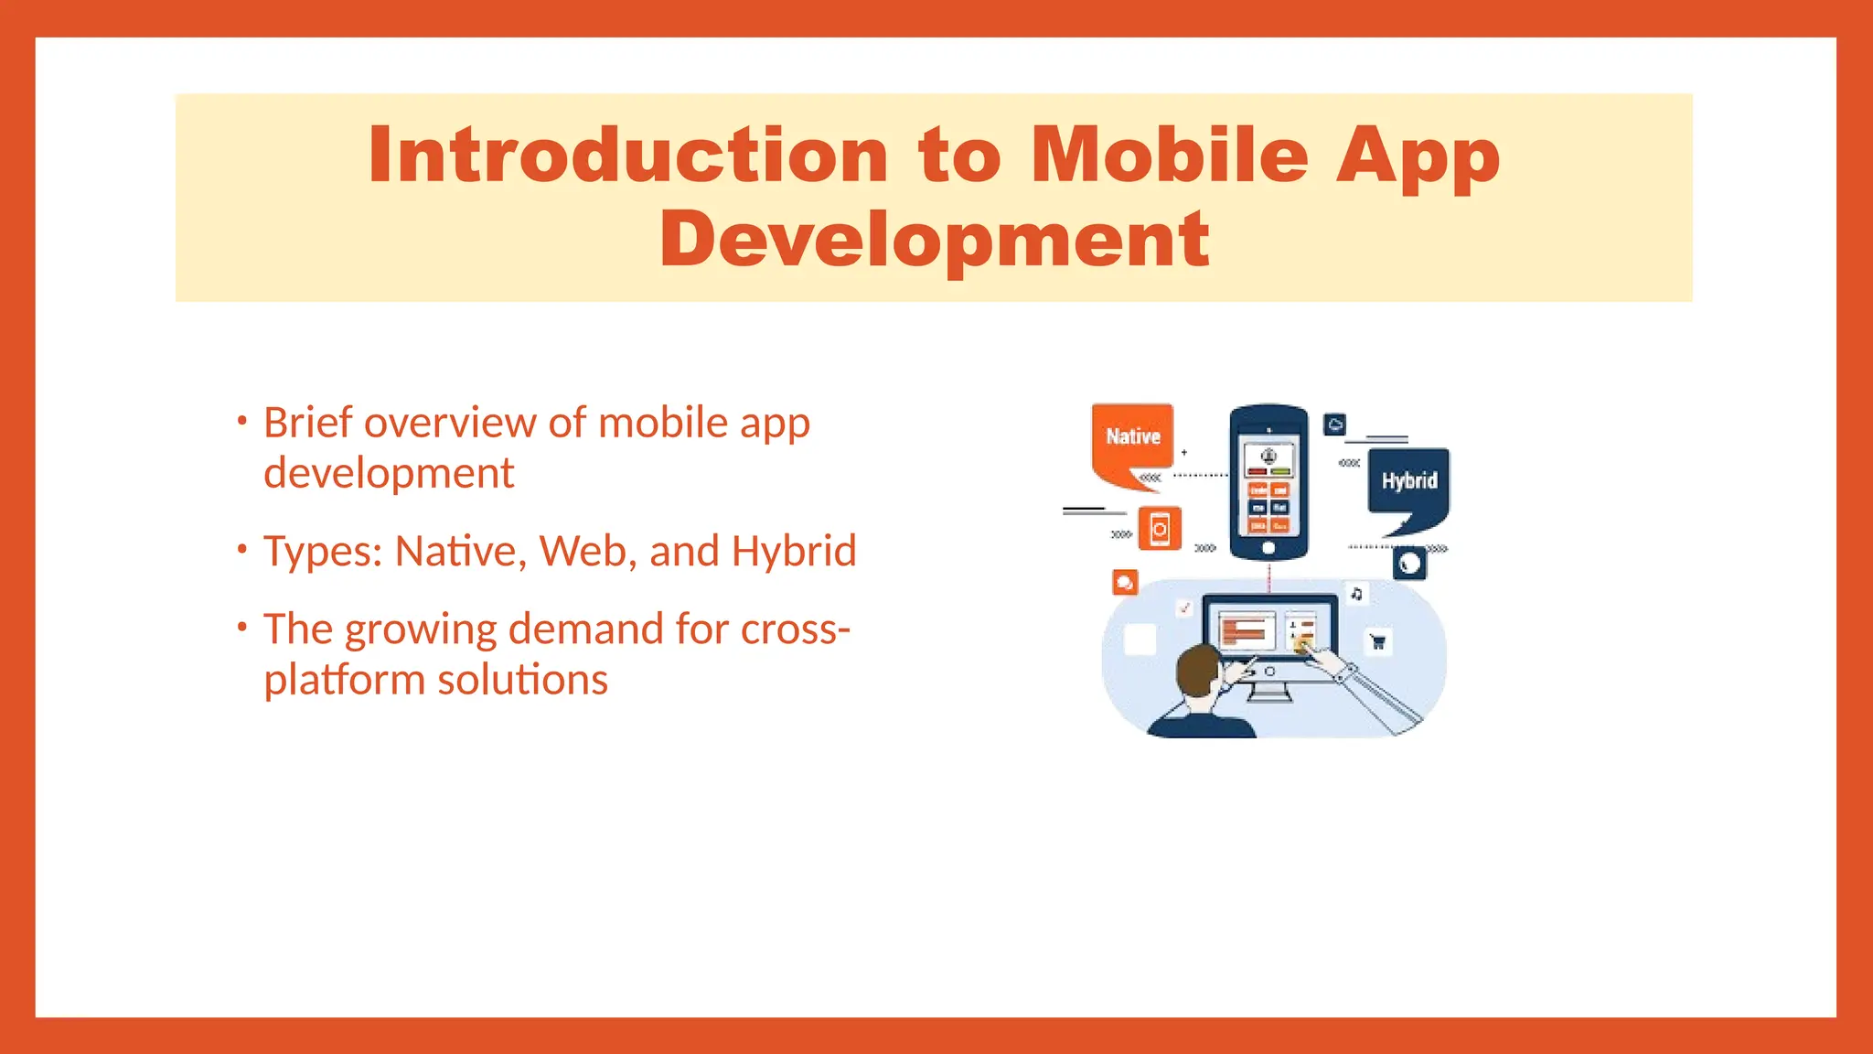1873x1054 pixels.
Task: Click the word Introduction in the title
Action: click(x=628, y=156)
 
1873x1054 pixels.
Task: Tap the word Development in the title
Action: click(x=935, y=240)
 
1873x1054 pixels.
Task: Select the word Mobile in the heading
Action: click(x=1170, y=156)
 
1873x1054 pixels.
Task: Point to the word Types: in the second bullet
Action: click(x=323, y=552)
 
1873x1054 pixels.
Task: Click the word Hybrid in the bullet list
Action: click(x=794, y=552)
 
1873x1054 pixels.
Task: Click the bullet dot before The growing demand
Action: click(x=242, y=628)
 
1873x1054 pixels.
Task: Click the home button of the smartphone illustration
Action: click(x=1268, y=548)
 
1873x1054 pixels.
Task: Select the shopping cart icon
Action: click(x=1377, y=641)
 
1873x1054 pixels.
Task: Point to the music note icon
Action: click(x=1356, y=594)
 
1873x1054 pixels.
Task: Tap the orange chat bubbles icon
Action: click(x=1125, y=582)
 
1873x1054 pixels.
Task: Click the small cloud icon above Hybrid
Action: click(x=1335, y=425)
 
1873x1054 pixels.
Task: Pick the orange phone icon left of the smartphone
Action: click(x=1160, y=529)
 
